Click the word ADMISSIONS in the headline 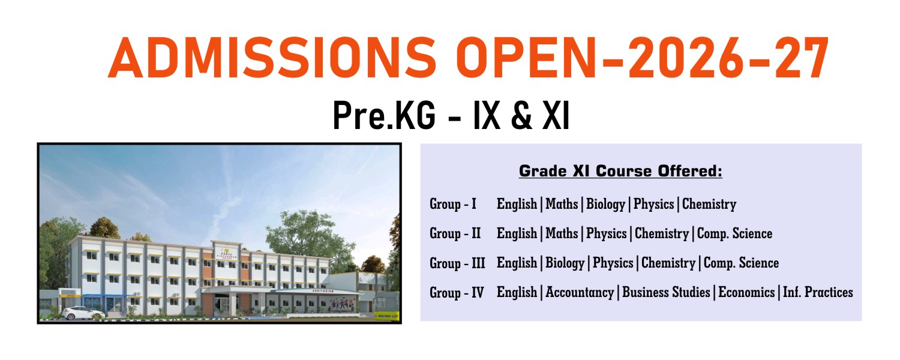tap(272, 58)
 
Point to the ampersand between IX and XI tap(521, 116)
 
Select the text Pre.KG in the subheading tap(385, 116)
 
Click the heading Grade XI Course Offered tap(620, 171)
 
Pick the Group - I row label tap(453, 204)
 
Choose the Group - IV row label tap(457, 293)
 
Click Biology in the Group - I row tap(605, 204)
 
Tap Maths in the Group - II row tap(562, 233)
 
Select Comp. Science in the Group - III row tap(741, 263)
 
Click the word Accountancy tap(580, 293)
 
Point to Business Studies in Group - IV tap(666, 293)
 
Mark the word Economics tap(746, 293)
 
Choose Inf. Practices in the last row tap(818, 293)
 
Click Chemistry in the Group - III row tap(668, 263)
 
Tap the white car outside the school tap(83, 313)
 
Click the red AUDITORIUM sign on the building tap(323, 291)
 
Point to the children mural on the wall tap(344, 304)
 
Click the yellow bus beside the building tap(387, 315)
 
